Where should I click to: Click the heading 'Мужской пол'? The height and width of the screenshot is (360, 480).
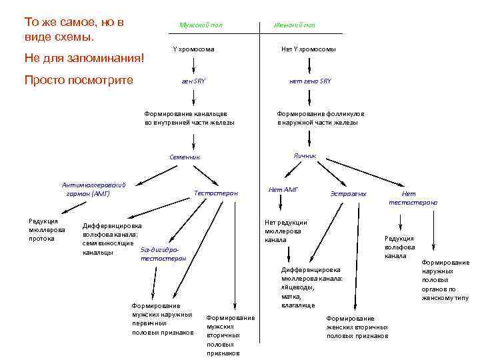[201, 25]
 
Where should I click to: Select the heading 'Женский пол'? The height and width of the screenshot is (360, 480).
[294, 25]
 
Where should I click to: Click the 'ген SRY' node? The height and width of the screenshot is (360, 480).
[193, 81]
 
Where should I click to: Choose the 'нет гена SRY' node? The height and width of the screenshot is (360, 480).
[309, 81]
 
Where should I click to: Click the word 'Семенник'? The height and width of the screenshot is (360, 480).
[185, 157]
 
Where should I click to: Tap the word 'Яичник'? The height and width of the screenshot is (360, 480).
[304, 155]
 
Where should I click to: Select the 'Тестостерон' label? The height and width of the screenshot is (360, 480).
[215, 193]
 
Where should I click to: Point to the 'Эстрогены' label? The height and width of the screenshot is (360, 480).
[348, 193]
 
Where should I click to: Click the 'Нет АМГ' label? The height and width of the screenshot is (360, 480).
[283, 189]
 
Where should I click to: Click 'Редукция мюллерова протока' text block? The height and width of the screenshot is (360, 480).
[43, 229]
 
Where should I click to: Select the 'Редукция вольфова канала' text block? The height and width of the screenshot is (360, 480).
[399, 247]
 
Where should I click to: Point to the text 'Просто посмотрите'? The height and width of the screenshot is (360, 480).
[79, 80]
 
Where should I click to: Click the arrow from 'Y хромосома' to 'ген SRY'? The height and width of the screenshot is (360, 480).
[193, 65]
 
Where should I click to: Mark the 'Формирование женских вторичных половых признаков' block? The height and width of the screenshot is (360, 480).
[357, 327]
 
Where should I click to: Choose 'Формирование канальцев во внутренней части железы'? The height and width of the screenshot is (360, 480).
[189, 118]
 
